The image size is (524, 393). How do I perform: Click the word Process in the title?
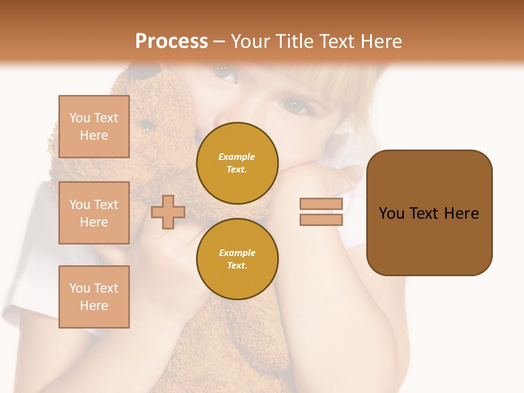point(171,41)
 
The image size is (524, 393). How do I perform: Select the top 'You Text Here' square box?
point(94,127)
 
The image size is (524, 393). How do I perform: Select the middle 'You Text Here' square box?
point(94,213)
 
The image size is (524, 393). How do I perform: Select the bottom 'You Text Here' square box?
point(94,297)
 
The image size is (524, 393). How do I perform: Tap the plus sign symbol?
point(168,212)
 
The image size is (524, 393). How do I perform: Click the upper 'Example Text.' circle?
point(237,163)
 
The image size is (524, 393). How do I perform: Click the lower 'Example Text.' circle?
point(237,259)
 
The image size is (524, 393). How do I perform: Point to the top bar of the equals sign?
point(321,204)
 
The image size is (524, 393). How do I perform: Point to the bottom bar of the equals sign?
point(321,219)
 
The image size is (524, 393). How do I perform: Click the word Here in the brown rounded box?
point(461,213)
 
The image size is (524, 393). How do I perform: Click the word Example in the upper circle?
point(237,157)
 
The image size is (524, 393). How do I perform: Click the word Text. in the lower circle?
point(237,265)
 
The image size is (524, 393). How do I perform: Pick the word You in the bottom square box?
point(80,288)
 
